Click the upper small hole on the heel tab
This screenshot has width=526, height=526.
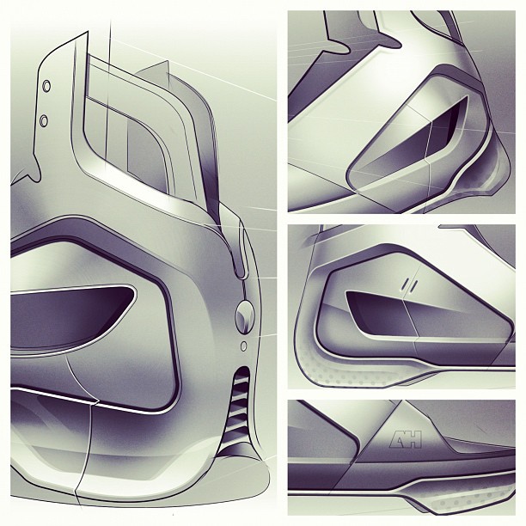pos(46,83)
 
